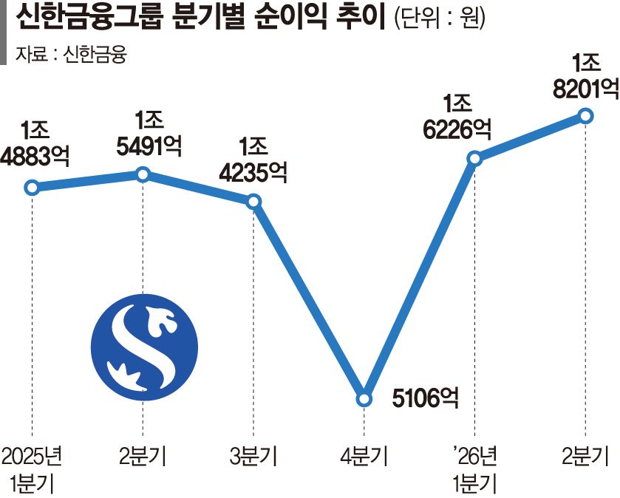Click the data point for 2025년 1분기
click(x=32, y=188)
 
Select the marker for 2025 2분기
click(x=143, y=174)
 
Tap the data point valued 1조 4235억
click(x=253, y=202)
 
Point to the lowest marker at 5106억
click(x=364, y=399)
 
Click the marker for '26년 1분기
click(x=474, y=159)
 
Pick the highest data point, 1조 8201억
click(x=585, y=116)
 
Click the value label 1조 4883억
click(x=35, y=143)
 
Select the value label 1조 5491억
click(x=149, y=133)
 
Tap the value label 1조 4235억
click(x=253, y=160)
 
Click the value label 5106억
click(x=426, y=398)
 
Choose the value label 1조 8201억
click(x=586, y=76)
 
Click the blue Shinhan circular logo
click(x=144, y=347)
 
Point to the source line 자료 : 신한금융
click(x=71, y=54)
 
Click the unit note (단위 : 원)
click(x=439, y=18)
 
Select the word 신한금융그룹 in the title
click(x=89, y=18)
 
